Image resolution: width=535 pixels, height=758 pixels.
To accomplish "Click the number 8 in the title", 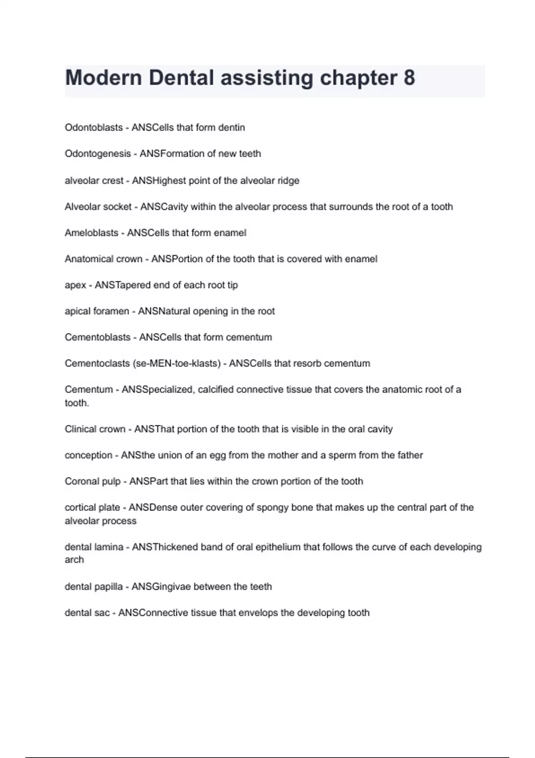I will (409, 78).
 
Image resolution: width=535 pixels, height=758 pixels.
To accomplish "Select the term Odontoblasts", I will (94, 128).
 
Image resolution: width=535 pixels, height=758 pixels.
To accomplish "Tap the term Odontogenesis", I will (98, 154).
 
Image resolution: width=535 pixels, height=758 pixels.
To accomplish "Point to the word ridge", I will (288, 181).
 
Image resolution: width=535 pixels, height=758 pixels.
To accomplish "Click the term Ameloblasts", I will (91, 233).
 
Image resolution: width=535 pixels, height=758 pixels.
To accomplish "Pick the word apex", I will (75, 285).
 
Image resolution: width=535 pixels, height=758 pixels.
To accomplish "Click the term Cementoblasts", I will (98, 337).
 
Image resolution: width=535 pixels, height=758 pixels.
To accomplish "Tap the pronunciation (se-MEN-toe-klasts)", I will (177, 363).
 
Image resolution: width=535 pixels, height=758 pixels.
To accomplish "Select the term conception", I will (88, 455).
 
